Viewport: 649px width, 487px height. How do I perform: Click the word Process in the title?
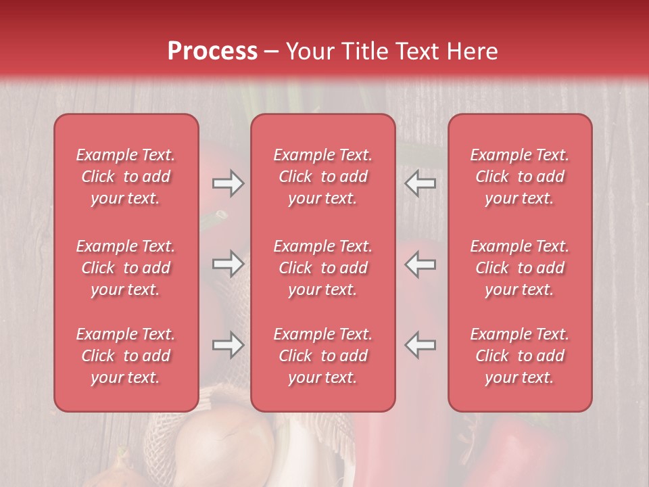click(x=212, y=51)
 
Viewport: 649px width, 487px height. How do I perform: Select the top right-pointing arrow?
click(x=228, y=183)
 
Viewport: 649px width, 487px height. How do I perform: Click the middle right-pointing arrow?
click(x=228, y=264)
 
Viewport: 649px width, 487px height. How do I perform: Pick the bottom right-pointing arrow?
click(x=228, y=345)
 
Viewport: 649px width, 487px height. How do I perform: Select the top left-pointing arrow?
click(x=420, y=183)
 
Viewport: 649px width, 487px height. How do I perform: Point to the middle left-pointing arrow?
click(x=420, y=264)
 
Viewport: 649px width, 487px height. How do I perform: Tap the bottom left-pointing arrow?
click(x=420, y=345)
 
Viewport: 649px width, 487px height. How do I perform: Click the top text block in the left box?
click(x=126, y=177)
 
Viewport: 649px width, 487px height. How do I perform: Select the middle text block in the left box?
click(x=126, y=268)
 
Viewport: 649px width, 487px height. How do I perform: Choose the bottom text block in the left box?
click(x=126, y=356)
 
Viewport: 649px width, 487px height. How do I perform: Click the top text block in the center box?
click(x=322, y=177)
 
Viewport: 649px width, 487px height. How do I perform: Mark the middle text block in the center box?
click(x=322, y=268)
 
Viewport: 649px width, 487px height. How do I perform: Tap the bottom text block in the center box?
click(x=322, y=356)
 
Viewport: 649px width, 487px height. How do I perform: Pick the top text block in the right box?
click(x=520, y=177)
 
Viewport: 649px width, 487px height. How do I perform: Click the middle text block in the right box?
click(x=520, y=268)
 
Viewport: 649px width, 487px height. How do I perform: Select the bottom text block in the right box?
click(x=520, y=356)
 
